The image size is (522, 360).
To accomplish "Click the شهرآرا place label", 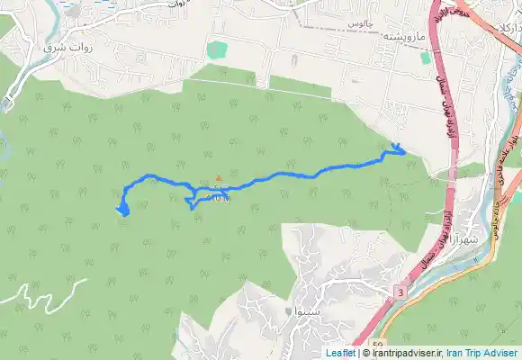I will click(464, 240).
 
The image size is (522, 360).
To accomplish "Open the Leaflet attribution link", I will click(340, 354).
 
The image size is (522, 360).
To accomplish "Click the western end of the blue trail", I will click(121, 211).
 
